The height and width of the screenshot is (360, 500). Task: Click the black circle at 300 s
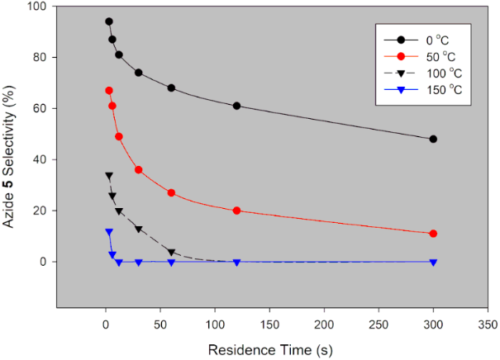[433, 139]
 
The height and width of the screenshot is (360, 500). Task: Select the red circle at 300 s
[433, 234]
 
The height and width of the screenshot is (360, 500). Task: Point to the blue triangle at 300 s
[433, 262]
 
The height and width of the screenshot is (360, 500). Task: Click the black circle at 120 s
[236, 106]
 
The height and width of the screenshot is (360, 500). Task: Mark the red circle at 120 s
[236, 211]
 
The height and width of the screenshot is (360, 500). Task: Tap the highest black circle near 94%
[109, 21]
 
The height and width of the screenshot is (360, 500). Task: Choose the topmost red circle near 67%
[109, 91]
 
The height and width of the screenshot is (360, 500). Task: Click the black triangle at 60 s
[171, 252]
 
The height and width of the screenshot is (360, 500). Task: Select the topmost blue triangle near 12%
[109, 232]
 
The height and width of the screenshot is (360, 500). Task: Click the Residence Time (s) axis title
[271, 349]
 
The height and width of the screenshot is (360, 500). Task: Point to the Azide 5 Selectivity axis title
[12, 157]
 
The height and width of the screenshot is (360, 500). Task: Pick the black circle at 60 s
[171, 88]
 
